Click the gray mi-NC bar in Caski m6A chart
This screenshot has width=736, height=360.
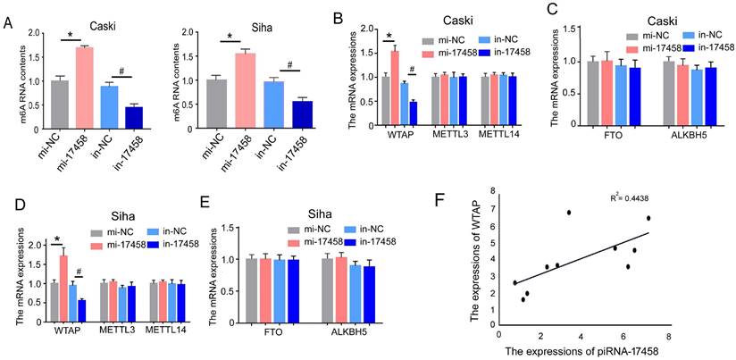click(59, 97)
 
